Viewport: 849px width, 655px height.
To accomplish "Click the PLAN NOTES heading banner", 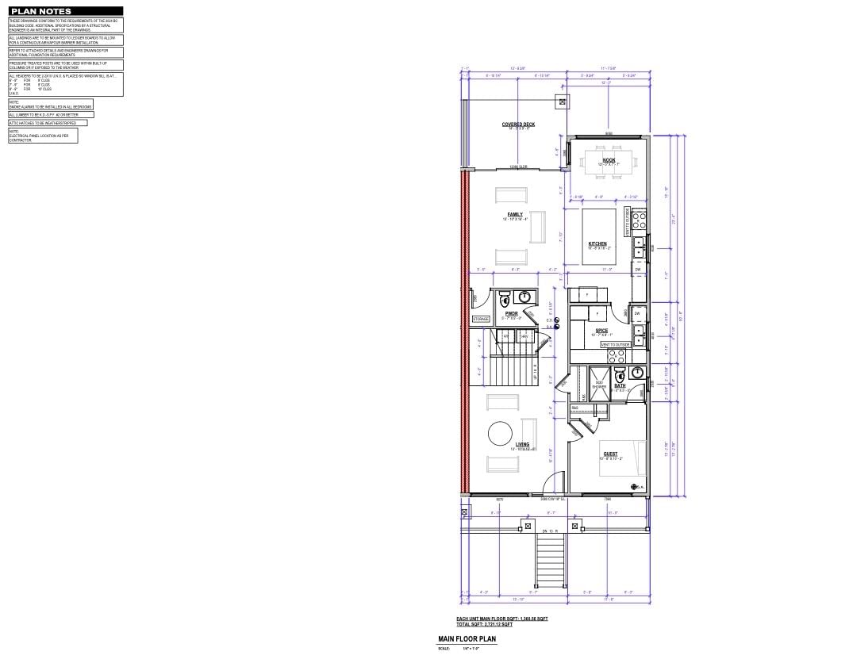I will (x=41, y=11).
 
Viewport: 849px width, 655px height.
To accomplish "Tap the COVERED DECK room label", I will (x=517, y=124).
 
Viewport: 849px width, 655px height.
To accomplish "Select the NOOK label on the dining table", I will (x=609, y=160).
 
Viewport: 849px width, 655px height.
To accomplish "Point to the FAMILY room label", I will (x=515, y=214).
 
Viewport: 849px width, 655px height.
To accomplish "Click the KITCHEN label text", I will (x=597, y=243).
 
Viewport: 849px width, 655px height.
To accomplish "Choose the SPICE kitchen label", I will (x=601, y=330).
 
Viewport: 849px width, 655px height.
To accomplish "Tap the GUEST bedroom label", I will (x=610, y=454).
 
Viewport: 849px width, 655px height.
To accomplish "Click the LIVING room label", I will (x=522, y=444).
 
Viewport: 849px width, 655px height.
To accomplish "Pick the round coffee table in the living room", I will (x=500, y=434).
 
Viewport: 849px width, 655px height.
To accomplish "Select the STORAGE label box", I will (x=482, y=319).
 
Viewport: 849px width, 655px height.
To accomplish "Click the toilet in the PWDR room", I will (x=504, y=301).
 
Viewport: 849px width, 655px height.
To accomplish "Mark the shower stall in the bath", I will (x=600, y=385).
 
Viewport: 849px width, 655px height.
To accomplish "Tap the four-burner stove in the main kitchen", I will (x=639, y=219).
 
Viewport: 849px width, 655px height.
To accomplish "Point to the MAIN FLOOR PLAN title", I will (x=467, y=638).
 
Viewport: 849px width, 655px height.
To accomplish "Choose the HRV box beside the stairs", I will (x=524, y=336).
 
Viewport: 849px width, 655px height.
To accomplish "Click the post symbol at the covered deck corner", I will (x=563, y=102).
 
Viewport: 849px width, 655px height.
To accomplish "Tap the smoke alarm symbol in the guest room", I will (x=634, y=486).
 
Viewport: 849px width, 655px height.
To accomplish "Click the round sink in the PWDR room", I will (x=524, y=297).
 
